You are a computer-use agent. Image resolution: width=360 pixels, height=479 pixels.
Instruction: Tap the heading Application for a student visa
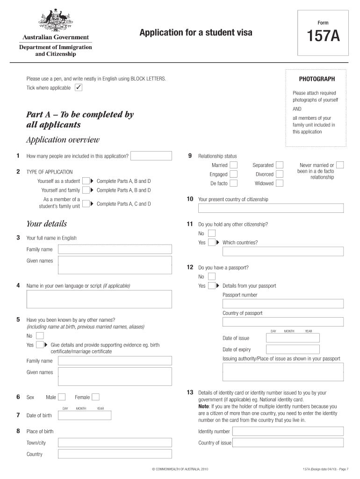pyautogui.click(x=195, y=32)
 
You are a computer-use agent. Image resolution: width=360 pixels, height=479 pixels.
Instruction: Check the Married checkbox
pyautogui.click(x=233, y=165)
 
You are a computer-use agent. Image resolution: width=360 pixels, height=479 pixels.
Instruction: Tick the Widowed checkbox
pyautogui.click(x=279, y=183)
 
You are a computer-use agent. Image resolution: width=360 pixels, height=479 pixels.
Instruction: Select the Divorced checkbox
pyautogui.click(x=279, y=174)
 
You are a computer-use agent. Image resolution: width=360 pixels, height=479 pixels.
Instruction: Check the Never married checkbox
pyautogui.click(x=340, y=165)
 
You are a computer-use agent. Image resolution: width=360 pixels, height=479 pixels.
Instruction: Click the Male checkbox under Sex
pyautogui.click(x=62, y=397)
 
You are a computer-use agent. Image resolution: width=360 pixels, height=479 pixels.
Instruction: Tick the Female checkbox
pyautogui.click(x=95, y=397)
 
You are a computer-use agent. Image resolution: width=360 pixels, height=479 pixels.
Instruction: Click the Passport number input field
pyautogui.click(x=283, y=304)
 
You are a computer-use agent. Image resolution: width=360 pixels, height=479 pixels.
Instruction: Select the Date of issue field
pyautogui.click(x=293, y=338)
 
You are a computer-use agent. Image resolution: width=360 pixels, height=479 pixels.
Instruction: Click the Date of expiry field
pyautogui.click(x=293, y=349)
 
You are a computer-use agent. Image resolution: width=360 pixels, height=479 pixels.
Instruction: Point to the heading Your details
pyautogui.click(x=46, y=224)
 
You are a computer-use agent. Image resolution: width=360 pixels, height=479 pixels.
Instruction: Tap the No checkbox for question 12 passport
pyautogui.click(x=212, y=276)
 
